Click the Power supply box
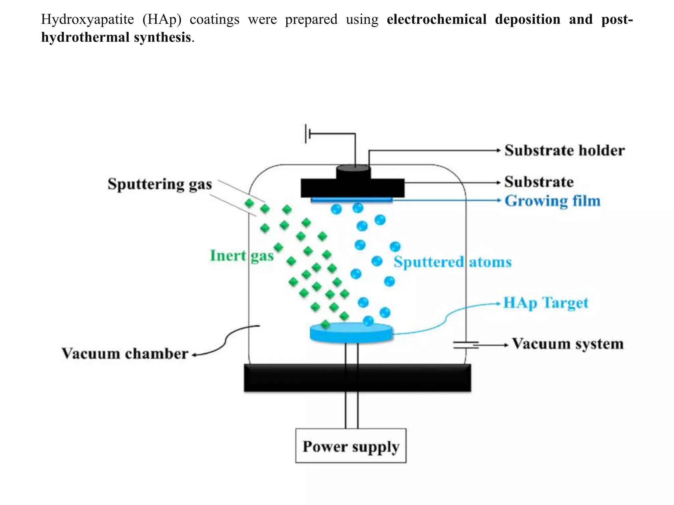[x=350, y=446]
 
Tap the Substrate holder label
[x=564, y=151]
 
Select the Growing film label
[x=552, y=201]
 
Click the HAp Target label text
[x=546, y=303]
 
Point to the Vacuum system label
[x=568, y=344]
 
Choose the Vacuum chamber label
[x=125, y=354]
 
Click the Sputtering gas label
[x=160, y=184]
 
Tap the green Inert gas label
[x=242, y=256]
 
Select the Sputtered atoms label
[x=453, y=262]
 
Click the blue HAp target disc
[x=351, y=333]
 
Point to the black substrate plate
[x=352, y=188]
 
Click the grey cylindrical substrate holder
[x=353, y=172]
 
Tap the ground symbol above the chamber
[x=307, y=134]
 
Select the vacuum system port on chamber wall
[x=466, y=345]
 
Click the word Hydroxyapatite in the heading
[x=87, y=19]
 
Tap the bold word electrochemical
[x=436, y=19]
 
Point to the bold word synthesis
[x=162, y=37]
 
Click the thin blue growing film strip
[x=351, y=199]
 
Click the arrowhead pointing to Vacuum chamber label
[x=194, y=355]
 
